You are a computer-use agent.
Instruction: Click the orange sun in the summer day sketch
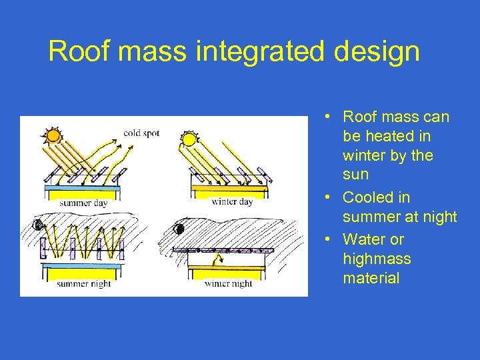click(x=52, y=136)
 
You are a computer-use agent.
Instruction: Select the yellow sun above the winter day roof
click(x=189, y=139)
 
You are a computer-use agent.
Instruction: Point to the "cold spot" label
click(x=141, y=133)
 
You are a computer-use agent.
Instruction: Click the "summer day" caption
click(x=85, y=203)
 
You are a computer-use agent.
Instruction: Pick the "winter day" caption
click(x=231, y=202)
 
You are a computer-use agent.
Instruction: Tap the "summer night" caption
click(x=83, y=283)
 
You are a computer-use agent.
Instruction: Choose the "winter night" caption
click(x=228, y=283)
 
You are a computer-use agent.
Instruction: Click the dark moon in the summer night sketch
click(x=39, y=225)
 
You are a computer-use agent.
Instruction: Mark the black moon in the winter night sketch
click(x=178, y=229)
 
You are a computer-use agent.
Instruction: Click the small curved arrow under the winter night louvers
click(x=215, y=261)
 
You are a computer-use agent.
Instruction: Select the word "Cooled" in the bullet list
click(x=368, y=197)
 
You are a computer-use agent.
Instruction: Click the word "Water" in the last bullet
click(x=364, y=239)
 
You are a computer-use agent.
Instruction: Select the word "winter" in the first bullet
click(x=365, y=155)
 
